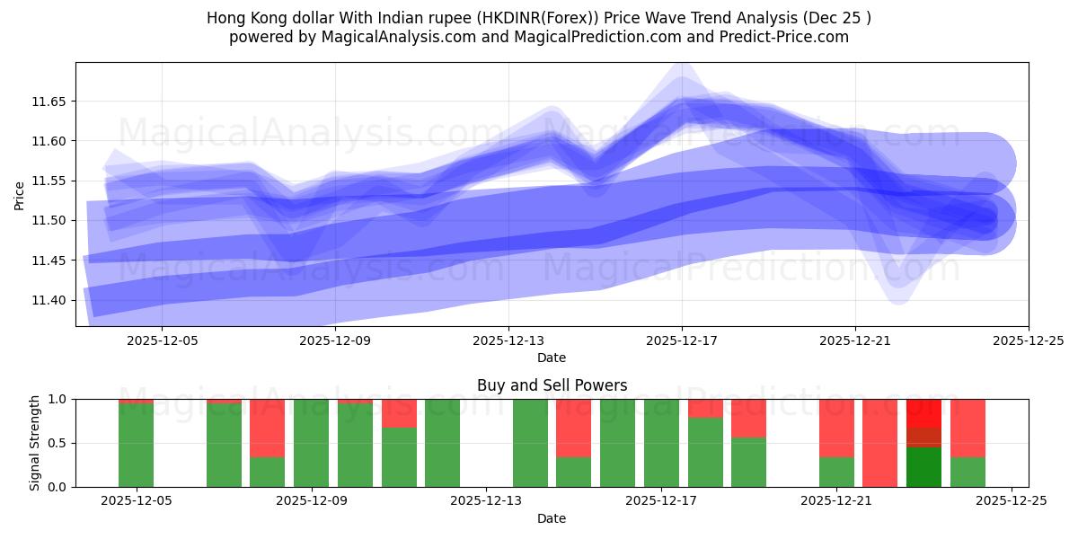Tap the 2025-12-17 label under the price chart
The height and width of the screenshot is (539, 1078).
point(681,340)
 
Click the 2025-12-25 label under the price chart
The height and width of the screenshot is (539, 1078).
point(1028,340)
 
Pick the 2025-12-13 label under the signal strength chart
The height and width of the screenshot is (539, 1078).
point(486,501)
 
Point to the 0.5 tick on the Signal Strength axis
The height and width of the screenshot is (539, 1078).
point(58,443)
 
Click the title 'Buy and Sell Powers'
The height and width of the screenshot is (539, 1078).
point(552,385)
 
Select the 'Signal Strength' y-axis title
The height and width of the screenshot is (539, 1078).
point(35,443)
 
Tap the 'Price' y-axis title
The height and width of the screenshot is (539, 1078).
point(20,195)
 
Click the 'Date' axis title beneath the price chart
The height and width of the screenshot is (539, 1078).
point(552,358)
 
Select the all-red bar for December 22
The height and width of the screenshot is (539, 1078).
point(879,443)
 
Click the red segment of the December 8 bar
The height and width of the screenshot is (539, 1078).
point(267,428)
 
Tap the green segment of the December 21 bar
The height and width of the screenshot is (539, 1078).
point(836,472)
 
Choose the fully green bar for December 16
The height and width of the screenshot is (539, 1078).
point(617,443)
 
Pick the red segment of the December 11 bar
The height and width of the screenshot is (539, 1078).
point(399,412)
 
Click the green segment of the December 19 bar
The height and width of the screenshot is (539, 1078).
point(748,463)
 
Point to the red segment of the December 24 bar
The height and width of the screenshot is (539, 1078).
point(968,428)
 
